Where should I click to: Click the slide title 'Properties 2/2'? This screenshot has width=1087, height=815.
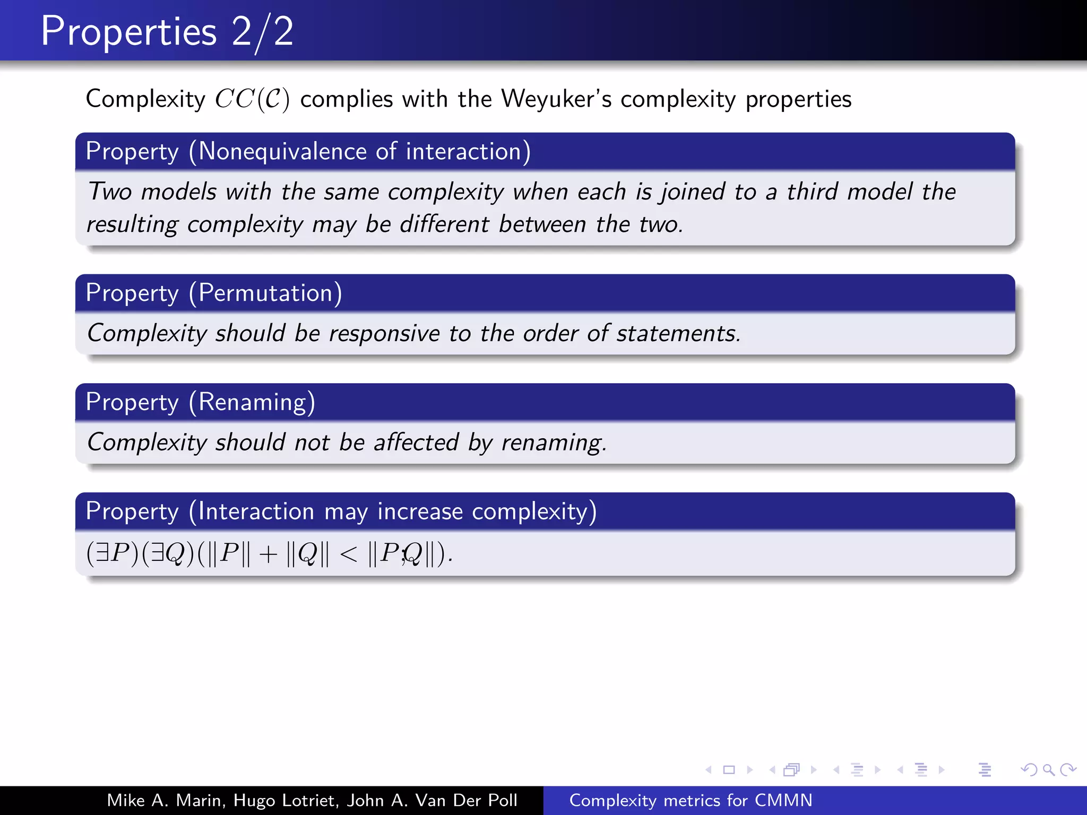click(167, 32)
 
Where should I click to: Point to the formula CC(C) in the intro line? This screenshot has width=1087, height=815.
click(252, 99)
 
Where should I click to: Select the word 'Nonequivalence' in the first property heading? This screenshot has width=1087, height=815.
click(282, 152)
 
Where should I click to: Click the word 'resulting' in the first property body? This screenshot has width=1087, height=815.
click(132, 224)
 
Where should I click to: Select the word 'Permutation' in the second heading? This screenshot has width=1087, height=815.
click(265, 293)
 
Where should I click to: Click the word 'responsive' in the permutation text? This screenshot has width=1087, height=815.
click(384, 334)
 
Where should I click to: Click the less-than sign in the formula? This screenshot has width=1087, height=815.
click(349, 554)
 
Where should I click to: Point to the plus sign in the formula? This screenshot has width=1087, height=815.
click(268, 554)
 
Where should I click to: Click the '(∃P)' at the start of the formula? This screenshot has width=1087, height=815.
click(113, 554)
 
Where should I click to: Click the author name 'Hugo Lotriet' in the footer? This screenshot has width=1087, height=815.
click(286, 800)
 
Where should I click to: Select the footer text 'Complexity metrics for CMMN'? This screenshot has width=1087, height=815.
click(691, 800)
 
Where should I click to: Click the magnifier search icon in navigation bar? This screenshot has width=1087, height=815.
click(1048, 769)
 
